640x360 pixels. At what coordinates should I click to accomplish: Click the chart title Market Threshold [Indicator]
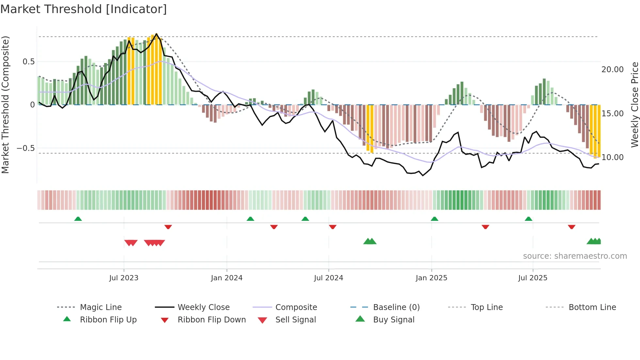(x=84, y=9)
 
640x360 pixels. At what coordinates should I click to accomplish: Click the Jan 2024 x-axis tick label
(x=227, y=278)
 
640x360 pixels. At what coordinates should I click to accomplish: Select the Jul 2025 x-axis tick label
(x=533, y=278)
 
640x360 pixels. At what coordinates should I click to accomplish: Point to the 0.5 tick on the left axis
(x=29, y=62)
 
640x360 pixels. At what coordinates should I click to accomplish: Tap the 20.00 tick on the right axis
(x=613, y=70)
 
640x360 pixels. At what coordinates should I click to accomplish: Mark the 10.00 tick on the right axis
(x=613, y=157)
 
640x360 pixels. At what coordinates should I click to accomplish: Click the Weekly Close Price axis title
(x=634, y=105)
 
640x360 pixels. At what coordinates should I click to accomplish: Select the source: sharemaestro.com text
(x=575, y=256)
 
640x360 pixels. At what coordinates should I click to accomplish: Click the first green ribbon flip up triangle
(x=78, y=219)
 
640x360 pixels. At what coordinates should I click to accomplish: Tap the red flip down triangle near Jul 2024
(x=333, y=227)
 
